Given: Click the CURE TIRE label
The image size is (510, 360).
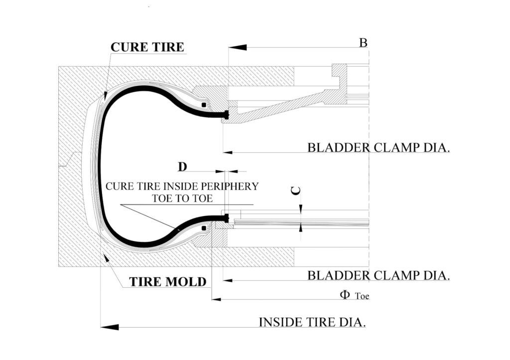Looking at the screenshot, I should pos(147,47).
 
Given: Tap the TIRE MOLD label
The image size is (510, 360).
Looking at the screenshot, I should pos(168,282).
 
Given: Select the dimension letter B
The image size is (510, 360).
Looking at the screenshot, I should pos(364,43).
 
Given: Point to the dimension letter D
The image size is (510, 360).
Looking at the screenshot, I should pos(182,166).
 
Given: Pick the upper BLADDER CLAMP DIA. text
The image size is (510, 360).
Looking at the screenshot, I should pos(379,148).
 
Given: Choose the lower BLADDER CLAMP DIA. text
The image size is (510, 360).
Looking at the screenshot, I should pos(379,275).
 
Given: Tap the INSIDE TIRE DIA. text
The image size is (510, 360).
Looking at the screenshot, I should pos(312,322).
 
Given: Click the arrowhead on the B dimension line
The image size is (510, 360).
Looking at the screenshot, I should pos(237,47).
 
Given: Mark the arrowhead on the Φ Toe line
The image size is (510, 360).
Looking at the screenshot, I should pos(216,300).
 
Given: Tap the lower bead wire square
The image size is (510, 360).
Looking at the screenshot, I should pos(204,228).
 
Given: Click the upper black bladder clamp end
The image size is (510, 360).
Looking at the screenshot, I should pos(226,115).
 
